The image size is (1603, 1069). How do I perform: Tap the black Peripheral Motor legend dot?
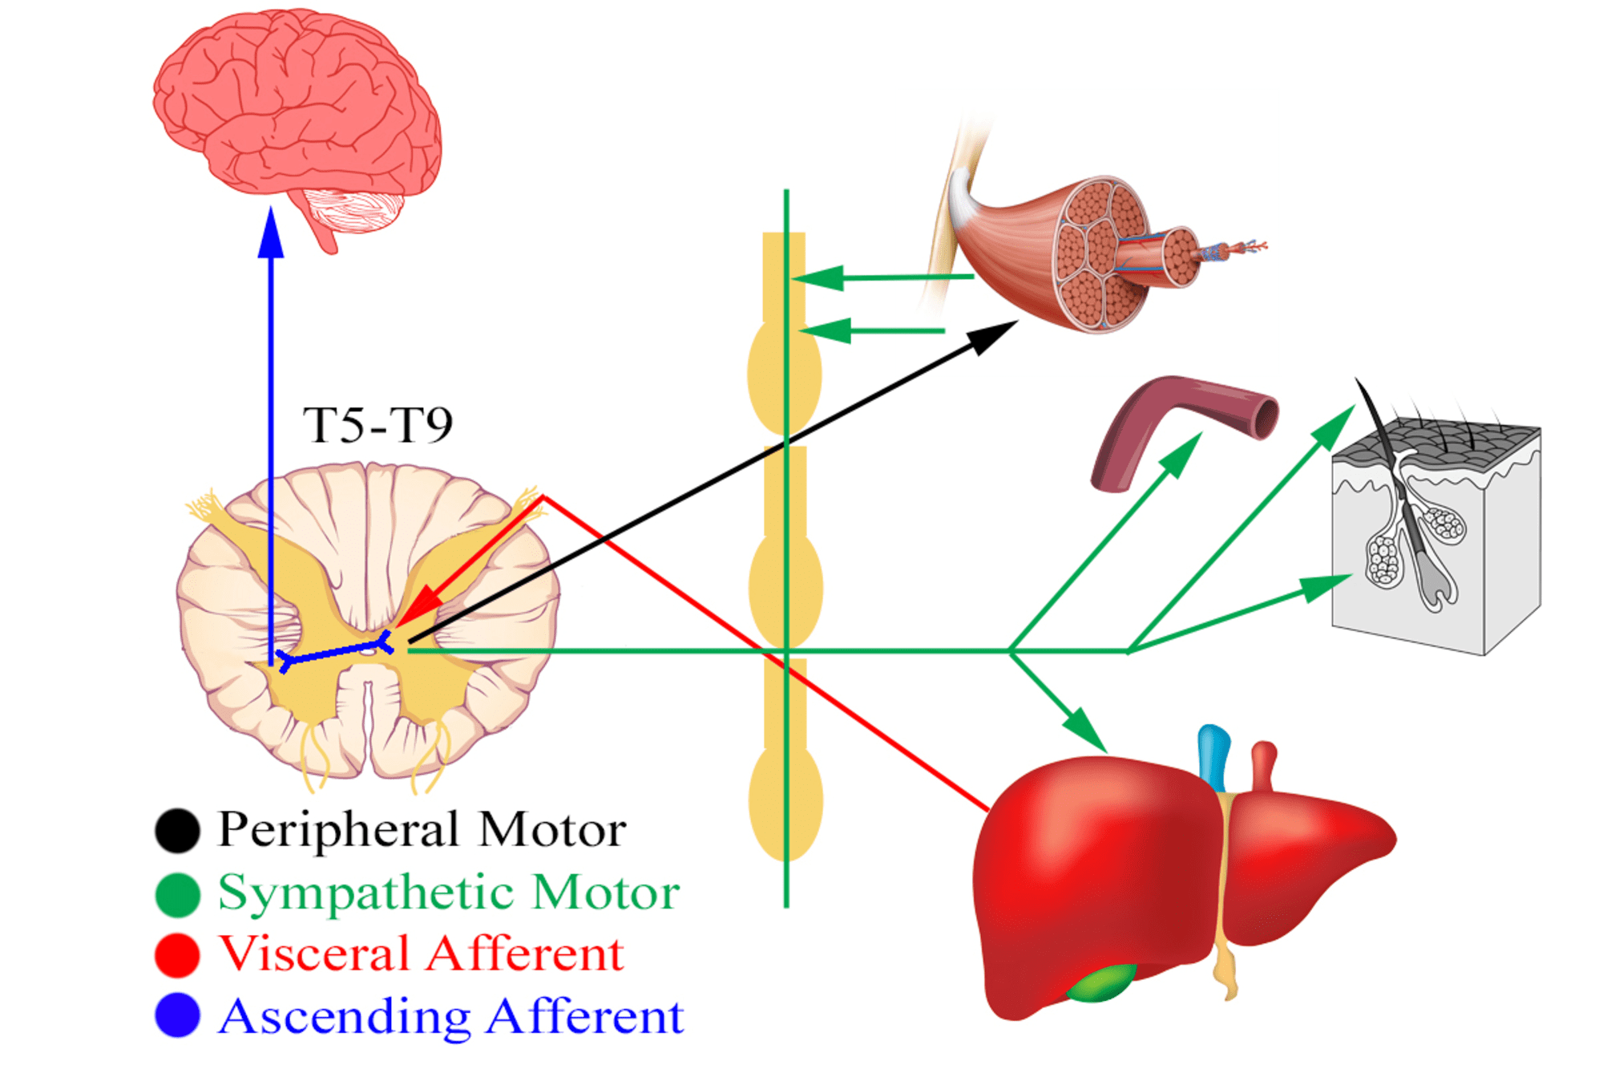point(177,830)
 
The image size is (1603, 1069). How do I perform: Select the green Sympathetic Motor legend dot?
point(177,894)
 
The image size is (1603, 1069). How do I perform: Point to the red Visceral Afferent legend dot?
point(177,955)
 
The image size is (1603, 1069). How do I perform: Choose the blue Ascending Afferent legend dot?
point(177,1015)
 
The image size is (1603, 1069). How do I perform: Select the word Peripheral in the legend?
point(341,830)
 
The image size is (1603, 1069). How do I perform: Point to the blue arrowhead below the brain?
point(271,232)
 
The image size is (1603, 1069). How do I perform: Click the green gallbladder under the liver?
point(1102,983)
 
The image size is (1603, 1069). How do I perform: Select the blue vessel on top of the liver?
point(1213,758)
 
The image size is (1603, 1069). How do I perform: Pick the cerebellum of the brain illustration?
point(353,210)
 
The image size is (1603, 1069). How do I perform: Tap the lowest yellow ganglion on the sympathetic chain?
point(785,802)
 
